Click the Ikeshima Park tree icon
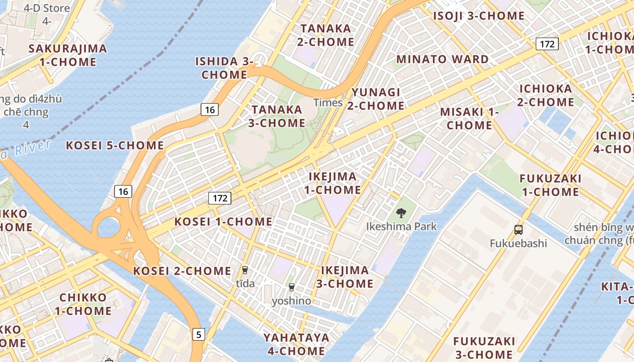point(401,213)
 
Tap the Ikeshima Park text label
point(401,226)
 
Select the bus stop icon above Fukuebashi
point(519,230)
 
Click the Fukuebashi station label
point(519,243)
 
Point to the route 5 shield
point(198,334)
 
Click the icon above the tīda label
point(245,270)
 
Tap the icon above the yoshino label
point(292,287)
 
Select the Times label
point(328,103)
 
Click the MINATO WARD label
point(442,59)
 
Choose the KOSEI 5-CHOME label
point(115,145)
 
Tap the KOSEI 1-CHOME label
point(223,222)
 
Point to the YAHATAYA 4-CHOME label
point(297,344)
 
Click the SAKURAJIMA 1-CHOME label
point(68,55)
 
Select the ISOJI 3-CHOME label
point(479,16)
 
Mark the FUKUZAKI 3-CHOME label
point(484,348)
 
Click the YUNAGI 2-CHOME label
point(376,99)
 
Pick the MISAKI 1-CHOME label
point(469,118)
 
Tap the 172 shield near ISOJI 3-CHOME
point(547,44)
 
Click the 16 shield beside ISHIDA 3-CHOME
point(210,109)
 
